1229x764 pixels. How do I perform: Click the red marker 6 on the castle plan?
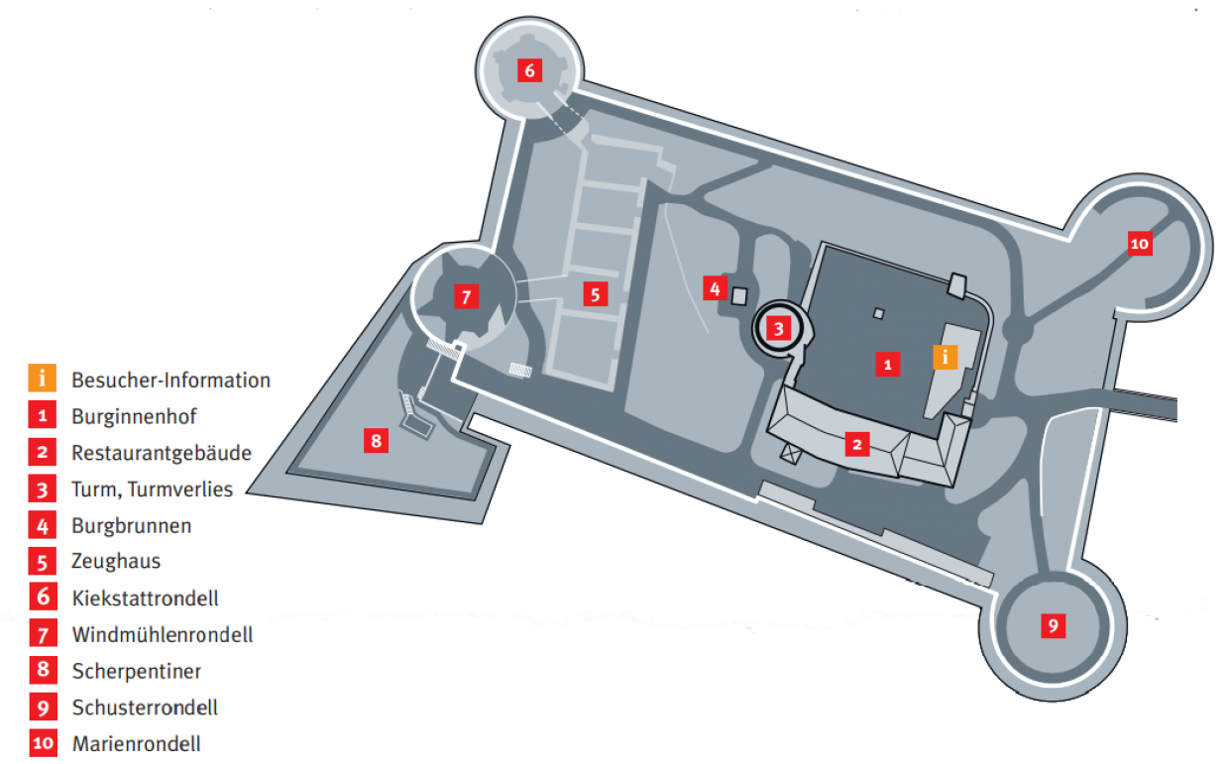click(529, 71)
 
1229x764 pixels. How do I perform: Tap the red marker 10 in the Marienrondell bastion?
click(1140, 243)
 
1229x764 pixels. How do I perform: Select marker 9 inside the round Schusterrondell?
click(1053, 625)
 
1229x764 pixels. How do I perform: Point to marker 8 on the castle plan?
click(376, 440)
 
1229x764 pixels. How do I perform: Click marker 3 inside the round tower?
click(779, 327)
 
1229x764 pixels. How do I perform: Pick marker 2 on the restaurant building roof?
click(856, 444)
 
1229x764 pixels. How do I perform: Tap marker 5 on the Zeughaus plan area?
click(595, 293)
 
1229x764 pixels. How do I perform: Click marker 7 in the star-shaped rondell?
click(465, 295)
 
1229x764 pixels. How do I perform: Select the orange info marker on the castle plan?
click(946, 357)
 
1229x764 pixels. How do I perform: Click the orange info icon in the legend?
click(43, 380)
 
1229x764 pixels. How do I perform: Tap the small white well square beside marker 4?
click(738, 294)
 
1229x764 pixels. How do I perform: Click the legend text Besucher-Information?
click(170, 380)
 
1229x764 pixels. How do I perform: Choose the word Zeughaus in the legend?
click(116, 562)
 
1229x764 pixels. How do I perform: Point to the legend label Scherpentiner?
click(137, 671)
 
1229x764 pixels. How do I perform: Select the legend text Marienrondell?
click(137, 744)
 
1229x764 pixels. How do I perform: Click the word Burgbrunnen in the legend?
click(132, 525)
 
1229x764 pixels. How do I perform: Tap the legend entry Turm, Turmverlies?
click(152, 489)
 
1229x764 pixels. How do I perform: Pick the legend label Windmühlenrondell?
click(163, 634)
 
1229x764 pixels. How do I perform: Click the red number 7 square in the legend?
click(43, 634)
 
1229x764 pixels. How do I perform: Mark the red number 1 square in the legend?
click(43, 416)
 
